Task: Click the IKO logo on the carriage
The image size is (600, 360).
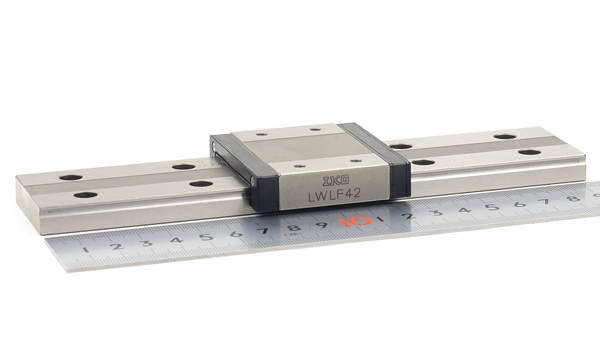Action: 336,180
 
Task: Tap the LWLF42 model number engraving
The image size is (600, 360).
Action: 334,194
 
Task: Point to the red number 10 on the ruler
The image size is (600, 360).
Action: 355,222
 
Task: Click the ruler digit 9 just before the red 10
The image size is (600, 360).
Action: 321,224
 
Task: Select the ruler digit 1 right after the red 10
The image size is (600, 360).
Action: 381,219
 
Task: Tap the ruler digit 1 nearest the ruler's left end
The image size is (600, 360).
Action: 86,250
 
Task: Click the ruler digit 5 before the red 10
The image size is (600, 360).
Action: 207,237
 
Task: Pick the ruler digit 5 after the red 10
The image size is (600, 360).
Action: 492,207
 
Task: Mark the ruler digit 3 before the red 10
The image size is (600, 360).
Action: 146,243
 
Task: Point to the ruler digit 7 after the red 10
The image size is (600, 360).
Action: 545,202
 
